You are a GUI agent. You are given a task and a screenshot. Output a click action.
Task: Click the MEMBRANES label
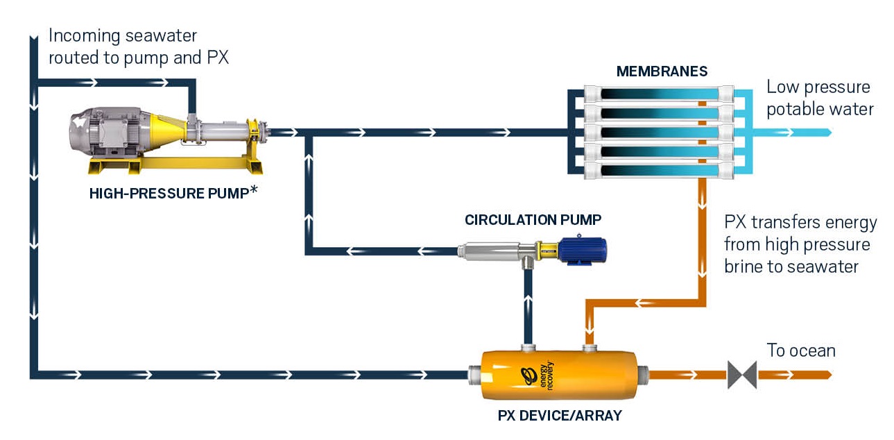(x=662, y=71)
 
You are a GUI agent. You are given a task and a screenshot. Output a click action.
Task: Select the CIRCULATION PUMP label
(x=533, y=220)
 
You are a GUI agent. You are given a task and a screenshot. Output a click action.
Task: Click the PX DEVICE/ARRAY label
(x=560, y=416)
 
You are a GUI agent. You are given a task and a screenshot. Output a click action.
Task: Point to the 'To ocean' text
(x=800, y=350)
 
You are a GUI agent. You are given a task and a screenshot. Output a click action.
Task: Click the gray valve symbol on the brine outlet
(x=741, y=375)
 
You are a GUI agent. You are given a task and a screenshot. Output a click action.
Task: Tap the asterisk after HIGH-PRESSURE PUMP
(x=253, y=191)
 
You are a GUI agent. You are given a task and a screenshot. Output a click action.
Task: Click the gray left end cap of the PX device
(x=474, y=375)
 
